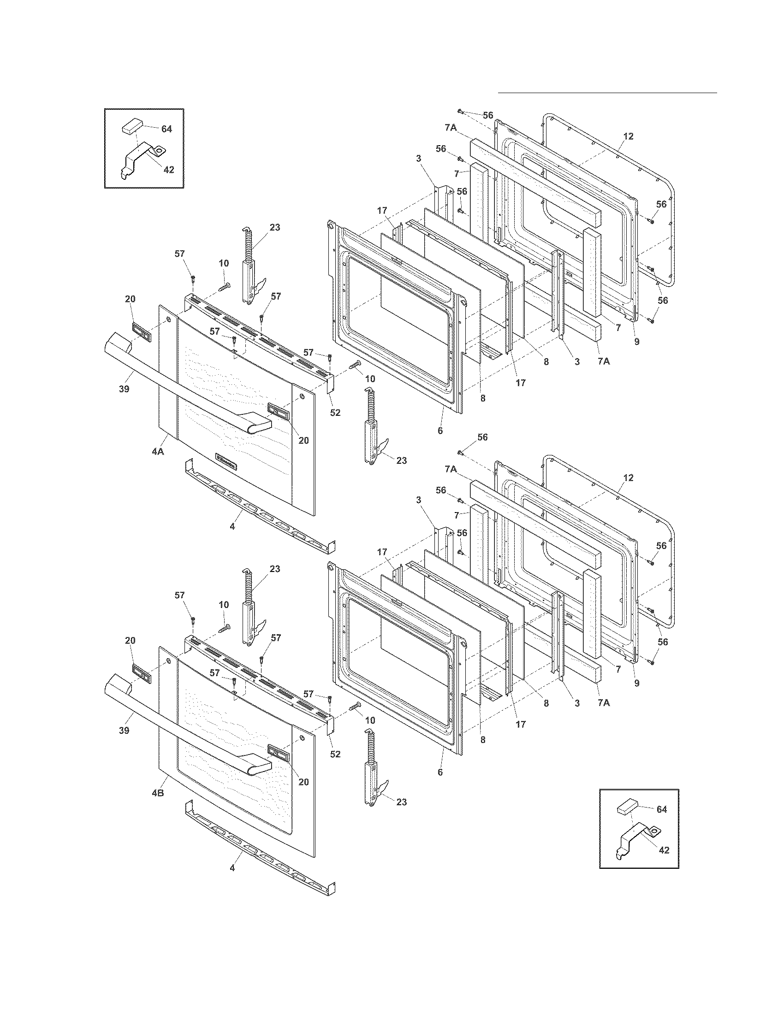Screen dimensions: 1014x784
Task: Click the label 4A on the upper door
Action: (158, 451)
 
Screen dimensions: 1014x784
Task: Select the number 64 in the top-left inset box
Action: (166, 129)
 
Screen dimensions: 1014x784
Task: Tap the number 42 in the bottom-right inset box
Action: (664, 850)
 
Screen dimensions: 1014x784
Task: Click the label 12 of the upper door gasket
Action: (628, 136)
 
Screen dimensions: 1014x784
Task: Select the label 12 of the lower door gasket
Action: (628, 478)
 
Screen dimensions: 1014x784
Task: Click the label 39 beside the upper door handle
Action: (124, 389)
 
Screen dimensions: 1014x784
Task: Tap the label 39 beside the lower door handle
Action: (124, 731)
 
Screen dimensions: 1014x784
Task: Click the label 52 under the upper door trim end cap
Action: (335, 413)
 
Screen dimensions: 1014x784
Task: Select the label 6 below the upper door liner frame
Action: (440, 430)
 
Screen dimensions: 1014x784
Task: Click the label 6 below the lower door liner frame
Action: (440, 772)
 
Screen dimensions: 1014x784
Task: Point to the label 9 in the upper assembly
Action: (636, 342)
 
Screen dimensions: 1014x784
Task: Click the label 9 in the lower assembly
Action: (636, 684)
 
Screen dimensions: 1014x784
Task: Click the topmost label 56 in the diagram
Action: (487, 115)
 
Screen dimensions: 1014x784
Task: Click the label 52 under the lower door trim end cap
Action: (335, 754)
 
